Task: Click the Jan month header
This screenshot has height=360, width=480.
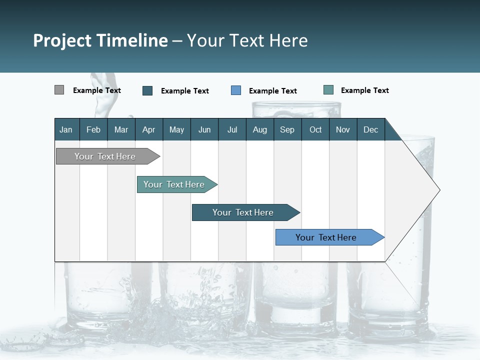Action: [66, 129]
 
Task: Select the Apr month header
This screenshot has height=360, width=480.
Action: [148, 129]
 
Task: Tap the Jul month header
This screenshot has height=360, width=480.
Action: [232, 129]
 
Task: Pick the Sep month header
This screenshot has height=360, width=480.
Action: [287, 129]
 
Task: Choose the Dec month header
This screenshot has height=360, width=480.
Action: [370, 129]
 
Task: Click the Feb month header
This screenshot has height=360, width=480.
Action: [93, 129]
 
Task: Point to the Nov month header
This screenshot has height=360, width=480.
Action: [342, 129]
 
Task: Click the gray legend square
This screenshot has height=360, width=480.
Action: [59, 90]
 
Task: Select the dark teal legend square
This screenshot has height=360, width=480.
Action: [147, 90]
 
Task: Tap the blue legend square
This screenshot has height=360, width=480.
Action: [236, 90]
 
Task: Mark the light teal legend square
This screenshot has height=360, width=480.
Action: [328, 90]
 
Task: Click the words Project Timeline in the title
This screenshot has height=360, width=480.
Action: [100, 40]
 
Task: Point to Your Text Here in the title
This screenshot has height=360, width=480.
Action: [247, 40]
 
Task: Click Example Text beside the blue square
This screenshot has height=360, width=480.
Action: [272, 91]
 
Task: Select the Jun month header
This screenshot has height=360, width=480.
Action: [204, 129]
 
